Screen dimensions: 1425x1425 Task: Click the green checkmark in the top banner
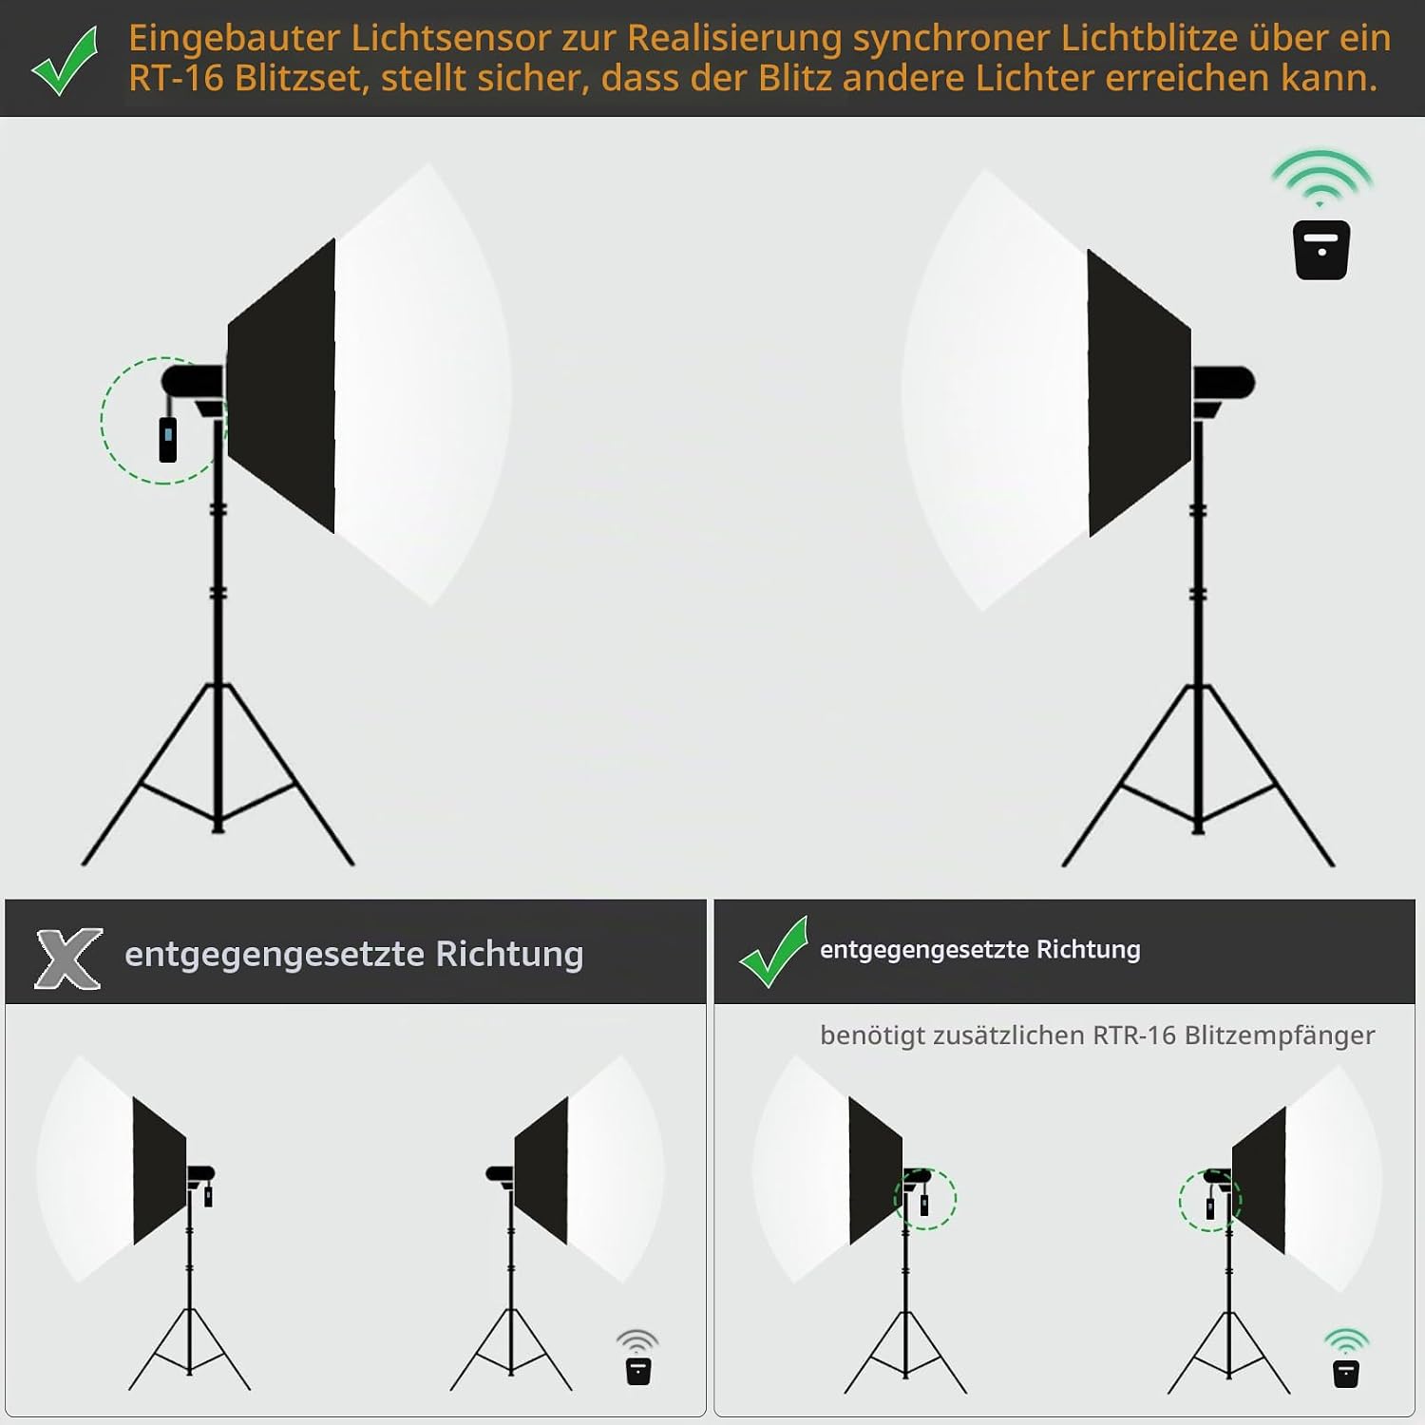pyautogui.click(x=65, y=61)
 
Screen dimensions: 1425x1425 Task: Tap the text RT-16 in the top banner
pyautogui.click(x=176, y=78)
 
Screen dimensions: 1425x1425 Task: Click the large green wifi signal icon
pyautogui.click(x=1321, y=178)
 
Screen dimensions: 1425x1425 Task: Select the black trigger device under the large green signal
pyautogui.click(x=1321, y=250)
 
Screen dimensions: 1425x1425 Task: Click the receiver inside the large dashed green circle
pyautogui.click(x=168, y=438)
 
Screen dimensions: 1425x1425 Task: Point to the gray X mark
pyautogui.click(x=68, y=958)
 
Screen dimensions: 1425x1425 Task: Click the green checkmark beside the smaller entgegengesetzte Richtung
pyautogui.click(x=773, y=951)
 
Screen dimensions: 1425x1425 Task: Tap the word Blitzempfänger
pyautogui.click(x=1280, y=1035)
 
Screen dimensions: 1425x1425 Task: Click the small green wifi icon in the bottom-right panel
pyautogui.click(x=1346, y=1340)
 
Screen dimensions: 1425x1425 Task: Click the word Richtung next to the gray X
pyautogui.click(x=509, y=954)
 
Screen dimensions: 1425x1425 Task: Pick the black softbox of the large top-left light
pyautogui.click(x=281, y=385)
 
